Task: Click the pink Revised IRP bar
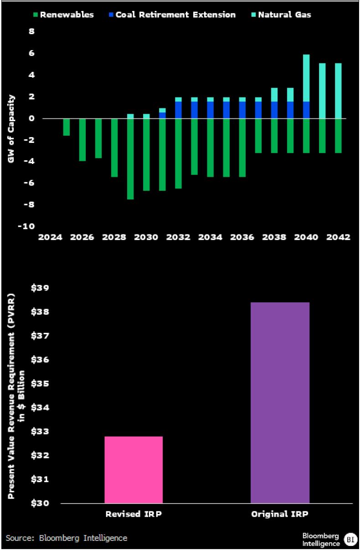click(134, 470)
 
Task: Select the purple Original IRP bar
click(280, 402)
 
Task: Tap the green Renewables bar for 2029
click(130, 159)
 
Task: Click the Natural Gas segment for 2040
click(306, 78)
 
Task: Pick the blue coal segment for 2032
click(178, 110)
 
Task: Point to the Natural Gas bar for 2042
click(338, 91)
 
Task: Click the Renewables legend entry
click(64, 15)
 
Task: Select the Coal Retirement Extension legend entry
click(172, 15)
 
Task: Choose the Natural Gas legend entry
click(281, 15)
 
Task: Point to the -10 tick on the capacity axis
click(26, 226)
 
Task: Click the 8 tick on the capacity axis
click(32, 31)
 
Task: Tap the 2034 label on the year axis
click(210, 237)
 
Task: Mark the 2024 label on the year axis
click(50, 237)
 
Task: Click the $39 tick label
click(40, 288)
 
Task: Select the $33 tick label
click(40, 432)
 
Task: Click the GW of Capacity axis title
click(11, 129)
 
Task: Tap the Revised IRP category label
click(134, 514)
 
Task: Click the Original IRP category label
click(280, 514)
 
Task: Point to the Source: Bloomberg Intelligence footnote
click(67, 538)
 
